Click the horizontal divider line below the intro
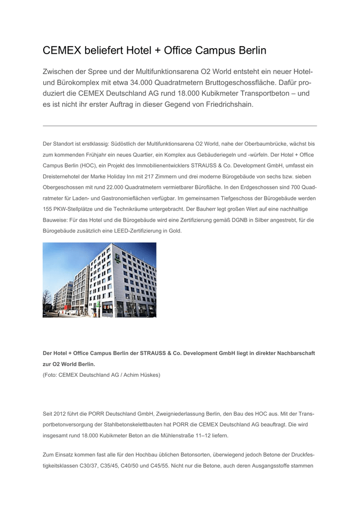pyautogui.click(x=180, y=126)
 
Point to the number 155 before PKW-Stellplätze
pyautogui.click(x=49, y=209)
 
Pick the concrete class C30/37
pyautogui.click(x=88, y=466)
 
